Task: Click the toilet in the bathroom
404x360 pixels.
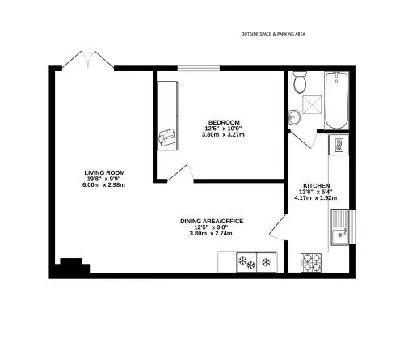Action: [300, 83]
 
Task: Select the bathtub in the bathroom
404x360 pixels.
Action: [336, 100]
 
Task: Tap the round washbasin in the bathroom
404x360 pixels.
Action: [294, 117]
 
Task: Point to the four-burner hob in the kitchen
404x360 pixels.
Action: [311, 262]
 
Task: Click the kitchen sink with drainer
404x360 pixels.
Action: [340, 227]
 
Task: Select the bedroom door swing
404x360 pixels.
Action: [180, 173]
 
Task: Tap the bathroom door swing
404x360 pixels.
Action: [303, 139]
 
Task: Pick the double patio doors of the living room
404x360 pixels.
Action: [88, 59]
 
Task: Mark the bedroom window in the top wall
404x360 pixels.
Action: [199, 68]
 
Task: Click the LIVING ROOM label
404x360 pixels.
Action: [104, 172]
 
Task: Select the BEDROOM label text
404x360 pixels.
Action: [224, 122]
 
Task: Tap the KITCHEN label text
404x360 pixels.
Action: [317, 186]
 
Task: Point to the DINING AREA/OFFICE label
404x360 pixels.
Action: [212, 222]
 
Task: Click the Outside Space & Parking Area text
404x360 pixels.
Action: [273, 34]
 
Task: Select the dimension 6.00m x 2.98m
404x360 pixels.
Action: [103, 185]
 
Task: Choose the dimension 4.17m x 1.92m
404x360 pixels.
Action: [316, 198]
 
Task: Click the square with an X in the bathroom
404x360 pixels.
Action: [312, 104]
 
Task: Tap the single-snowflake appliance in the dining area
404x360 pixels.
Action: [267, 262]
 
